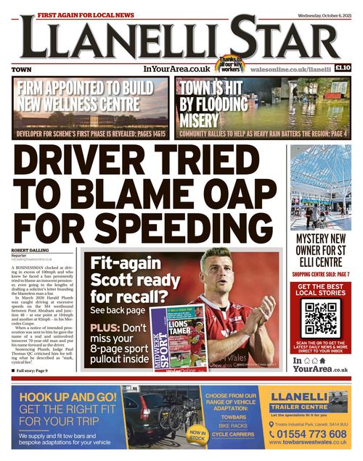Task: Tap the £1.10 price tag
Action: tap(343, 68)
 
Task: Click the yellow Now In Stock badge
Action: tap(197, 435)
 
